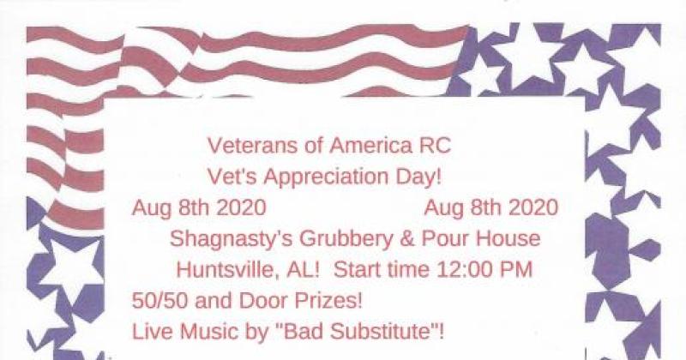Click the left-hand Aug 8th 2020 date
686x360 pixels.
click(x=199, y=207)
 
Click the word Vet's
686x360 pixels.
click(x=231, y=176)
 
